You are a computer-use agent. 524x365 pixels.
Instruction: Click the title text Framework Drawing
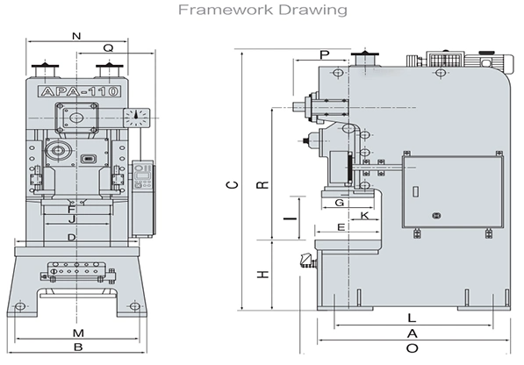coord(262,10)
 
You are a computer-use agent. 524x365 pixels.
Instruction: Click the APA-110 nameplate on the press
coord(80,91)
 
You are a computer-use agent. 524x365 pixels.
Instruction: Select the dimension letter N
coord(76,36)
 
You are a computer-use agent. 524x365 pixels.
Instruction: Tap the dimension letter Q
coord(108,48)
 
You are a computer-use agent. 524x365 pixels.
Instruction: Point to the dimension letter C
coord(233,184)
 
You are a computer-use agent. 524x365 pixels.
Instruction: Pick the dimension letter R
coord(262,184)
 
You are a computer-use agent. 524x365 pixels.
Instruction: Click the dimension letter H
coord(262,275)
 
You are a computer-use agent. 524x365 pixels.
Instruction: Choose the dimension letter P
coord(324,54)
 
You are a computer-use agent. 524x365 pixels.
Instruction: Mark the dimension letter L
coord(412,318)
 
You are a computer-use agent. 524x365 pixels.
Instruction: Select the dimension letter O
coord(413,348)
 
